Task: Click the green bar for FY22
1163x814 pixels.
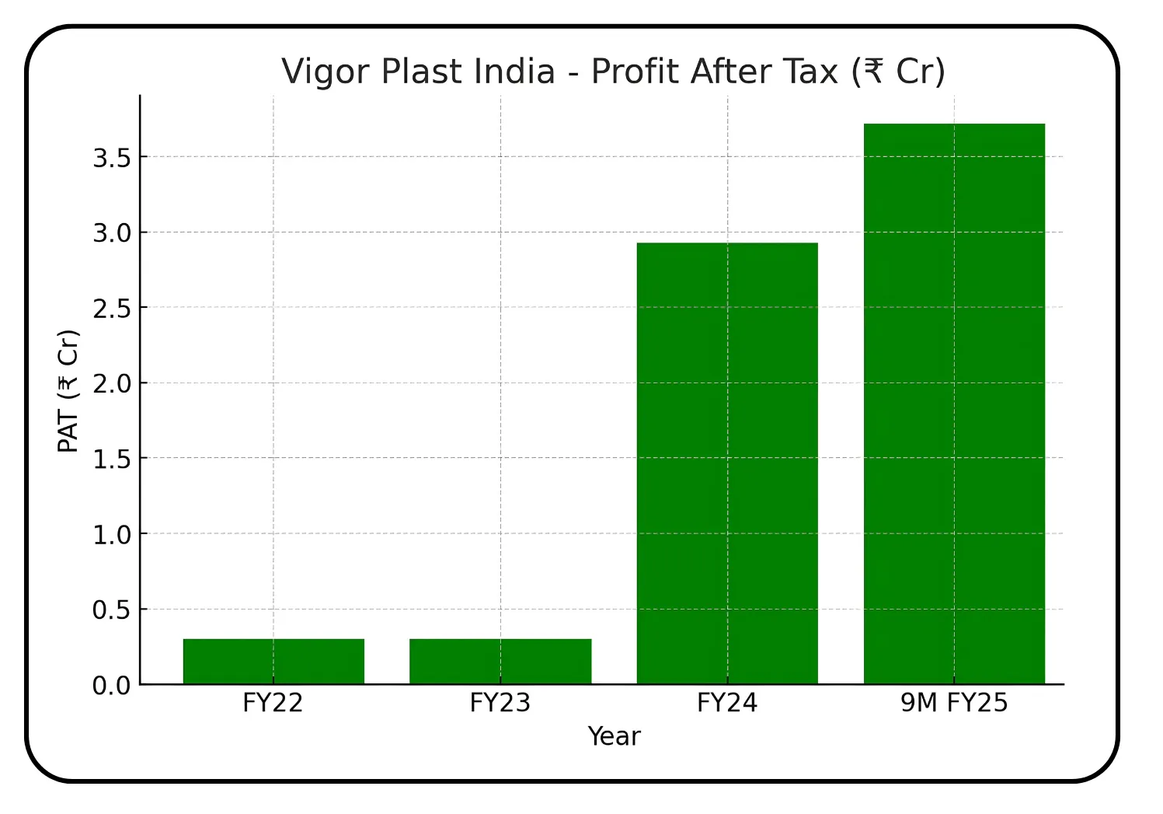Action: click(x=273, y=662)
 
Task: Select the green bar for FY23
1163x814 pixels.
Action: click(x=500, y=662)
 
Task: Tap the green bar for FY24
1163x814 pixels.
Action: click(x=727, y=463)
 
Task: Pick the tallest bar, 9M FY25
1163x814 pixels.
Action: click(x=954, y=404)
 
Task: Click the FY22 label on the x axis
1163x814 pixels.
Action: click(x=273, y=703)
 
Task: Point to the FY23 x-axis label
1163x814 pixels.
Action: click(x=500, y=703)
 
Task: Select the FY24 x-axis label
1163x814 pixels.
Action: click(x=727, y=703)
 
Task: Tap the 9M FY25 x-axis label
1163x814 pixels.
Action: click(x=954, y=703)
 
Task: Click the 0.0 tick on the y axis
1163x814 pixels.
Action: click(x=111, y=686)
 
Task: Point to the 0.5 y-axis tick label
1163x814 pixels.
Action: click(x=111, y=610)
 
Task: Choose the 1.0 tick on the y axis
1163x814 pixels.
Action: click(x=111, y=535)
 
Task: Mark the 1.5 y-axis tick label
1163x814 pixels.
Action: click(x=111, y=459)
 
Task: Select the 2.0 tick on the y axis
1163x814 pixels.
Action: click(x=111, y=384)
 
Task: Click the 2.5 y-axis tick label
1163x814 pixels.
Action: click(x=111, y=309)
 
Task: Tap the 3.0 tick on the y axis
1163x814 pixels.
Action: click(x=111, y=233)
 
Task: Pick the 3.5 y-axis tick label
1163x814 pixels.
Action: click(x=111, y=158)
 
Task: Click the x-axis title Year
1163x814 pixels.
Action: click(x=614, y=736)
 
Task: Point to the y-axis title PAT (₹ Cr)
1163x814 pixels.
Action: click(x=68, y=390)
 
